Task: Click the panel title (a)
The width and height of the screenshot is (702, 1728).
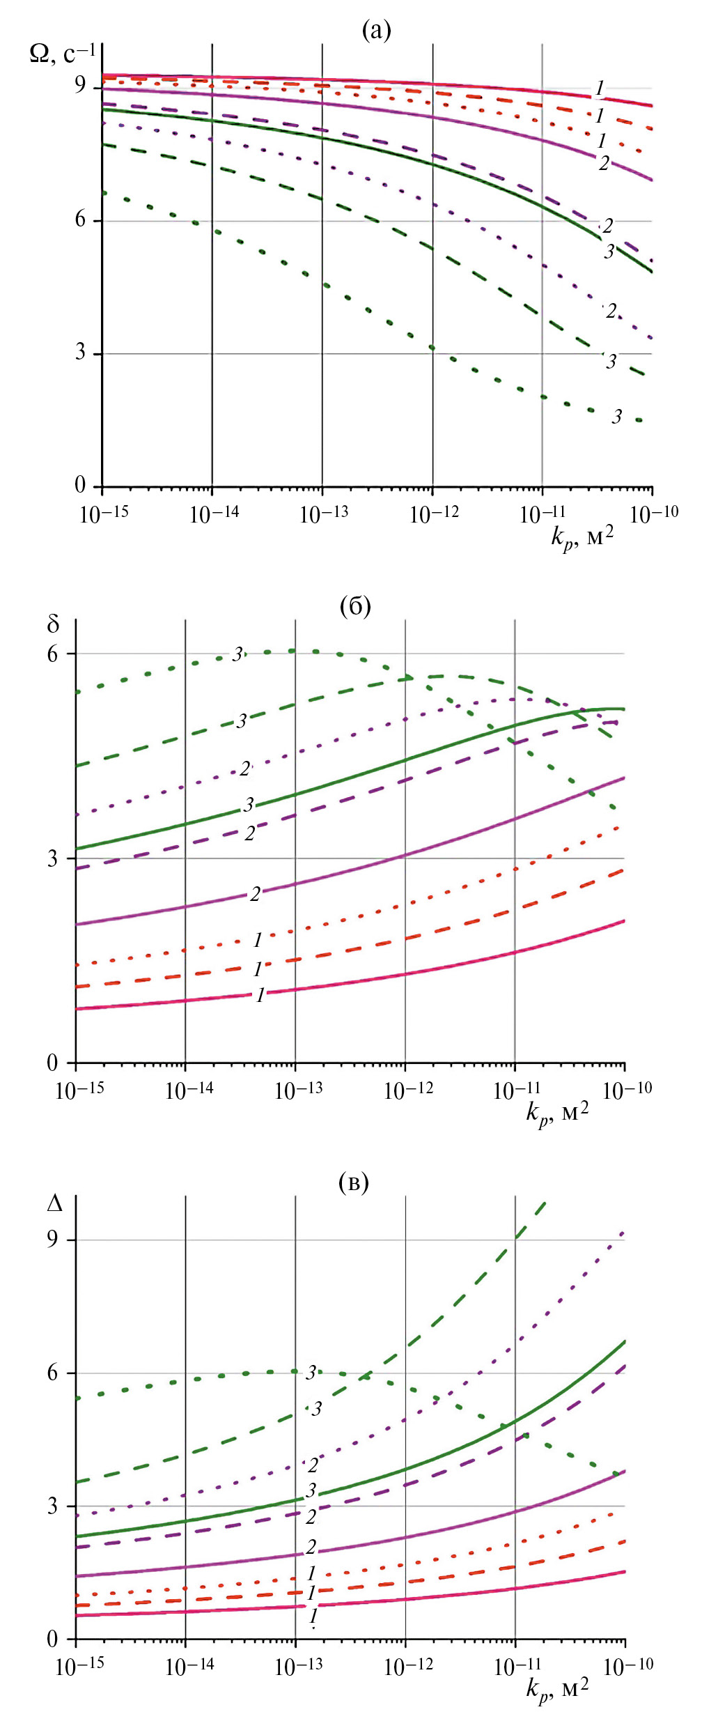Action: click(x=376, y=30)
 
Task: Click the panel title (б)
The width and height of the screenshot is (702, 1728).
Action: click(x=355, y=606)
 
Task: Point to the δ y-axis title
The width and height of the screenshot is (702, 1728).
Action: click(x=54, y=624)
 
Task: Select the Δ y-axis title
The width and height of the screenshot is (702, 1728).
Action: click(x=54, y=1203)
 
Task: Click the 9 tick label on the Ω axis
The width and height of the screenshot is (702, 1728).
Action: click(x=81, y=86)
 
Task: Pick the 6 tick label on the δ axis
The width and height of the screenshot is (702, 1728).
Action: click(x=53, y=654)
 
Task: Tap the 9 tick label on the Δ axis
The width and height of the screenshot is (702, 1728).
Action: click(x=53, y=1240)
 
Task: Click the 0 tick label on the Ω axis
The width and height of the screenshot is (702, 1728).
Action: click(x=81, y=485)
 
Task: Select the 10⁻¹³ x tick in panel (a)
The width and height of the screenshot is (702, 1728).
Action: click(x=323, y=514)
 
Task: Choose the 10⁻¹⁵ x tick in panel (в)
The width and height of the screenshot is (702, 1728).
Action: click(x=79, y=1666)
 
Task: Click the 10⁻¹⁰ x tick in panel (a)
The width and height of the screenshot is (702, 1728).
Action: click(x=653, y=514)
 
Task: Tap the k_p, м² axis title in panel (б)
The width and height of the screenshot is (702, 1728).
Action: click(x=557, y=1112)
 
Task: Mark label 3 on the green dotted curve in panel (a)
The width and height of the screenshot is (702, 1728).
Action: click(x=617, y=417)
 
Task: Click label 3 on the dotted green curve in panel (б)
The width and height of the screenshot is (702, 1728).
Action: click(x=238, y=654)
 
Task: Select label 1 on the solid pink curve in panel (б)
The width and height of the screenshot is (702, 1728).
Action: click(x=260, y=995)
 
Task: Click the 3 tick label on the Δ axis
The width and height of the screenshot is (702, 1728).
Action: click(x=53, y=1506)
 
